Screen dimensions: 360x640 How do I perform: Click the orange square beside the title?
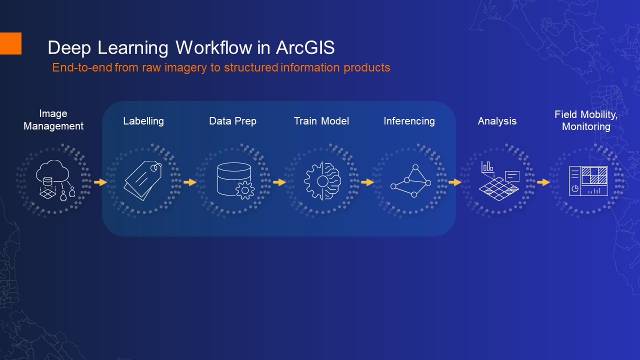pyautogui.click(x=10, y=43)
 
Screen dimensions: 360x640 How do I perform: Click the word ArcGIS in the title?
pyautogui.click(x=304, y=48)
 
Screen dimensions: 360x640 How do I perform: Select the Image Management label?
pyautogui.click(x=53, y=120)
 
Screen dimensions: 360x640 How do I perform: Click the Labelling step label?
pyautogui.click(x=143, y=121)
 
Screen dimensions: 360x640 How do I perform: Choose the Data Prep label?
pyautogui.click(x=232, y=121)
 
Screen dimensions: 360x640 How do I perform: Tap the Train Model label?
pyautogui.click(x=321, y=121)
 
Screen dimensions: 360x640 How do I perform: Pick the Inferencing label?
pyautogui.click(x=409, y=121)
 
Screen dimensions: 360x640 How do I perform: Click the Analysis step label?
pyautogui.click(x=497, y=121)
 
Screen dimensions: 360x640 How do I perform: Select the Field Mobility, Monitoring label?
pyautogui.click(x=586, y=120)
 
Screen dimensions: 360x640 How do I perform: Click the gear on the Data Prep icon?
pyautogui.click(x=245, y=190)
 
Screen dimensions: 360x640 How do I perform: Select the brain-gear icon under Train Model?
pyautogui.click(x=322, y=180)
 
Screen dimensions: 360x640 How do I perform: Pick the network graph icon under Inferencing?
pyautogui.click(x=410, y=180)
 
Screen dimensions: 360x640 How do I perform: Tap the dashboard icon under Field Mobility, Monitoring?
pyautogui.click(x=588, y=180)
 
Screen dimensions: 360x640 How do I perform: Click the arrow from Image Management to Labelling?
pyautogui.click(x=100, y=182)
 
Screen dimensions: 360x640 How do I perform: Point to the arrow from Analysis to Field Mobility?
pyautogui.click(x=543, y=182)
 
